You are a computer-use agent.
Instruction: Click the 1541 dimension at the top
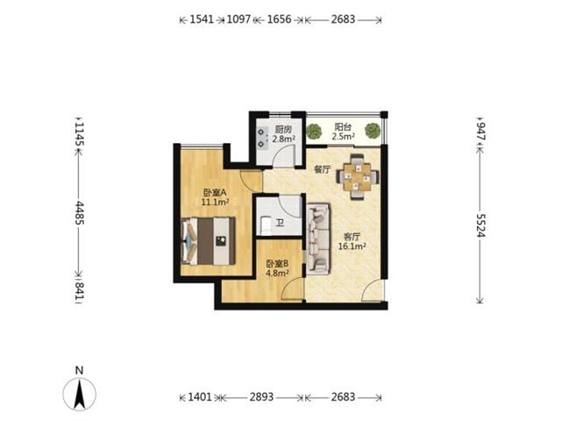point(202,19)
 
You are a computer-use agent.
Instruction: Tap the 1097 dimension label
point(239,19)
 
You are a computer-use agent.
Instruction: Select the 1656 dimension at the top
point(280,19)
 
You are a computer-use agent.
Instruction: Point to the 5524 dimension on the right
point(480,225)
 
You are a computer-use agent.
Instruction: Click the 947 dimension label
point(480,132)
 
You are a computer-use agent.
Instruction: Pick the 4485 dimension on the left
point(79,213)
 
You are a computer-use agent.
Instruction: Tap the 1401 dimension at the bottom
point(200,397)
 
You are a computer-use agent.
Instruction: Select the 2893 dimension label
point(261,397)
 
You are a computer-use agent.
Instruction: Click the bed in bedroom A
point(209,241)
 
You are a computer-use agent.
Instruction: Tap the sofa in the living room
point(318,239)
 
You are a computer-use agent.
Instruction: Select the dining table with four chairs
point(358,176)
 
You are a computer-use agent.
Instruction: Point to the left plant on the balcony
point(315,131)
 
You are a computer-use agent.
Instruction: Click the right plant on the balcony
point(373,131)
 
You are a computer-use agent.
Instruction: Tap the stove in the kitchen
point(262,138)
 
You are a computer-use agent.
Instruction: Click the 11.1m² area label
point(215,203)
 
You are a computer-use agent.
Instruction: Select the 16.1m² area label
point(352,246)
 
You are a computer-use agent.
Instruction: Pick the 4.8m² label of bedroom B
point(277,273)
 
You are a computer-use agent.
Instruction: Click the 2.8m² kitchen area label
point(283,139)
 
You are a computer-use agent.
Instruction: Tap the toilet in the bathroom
point(266,225)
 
